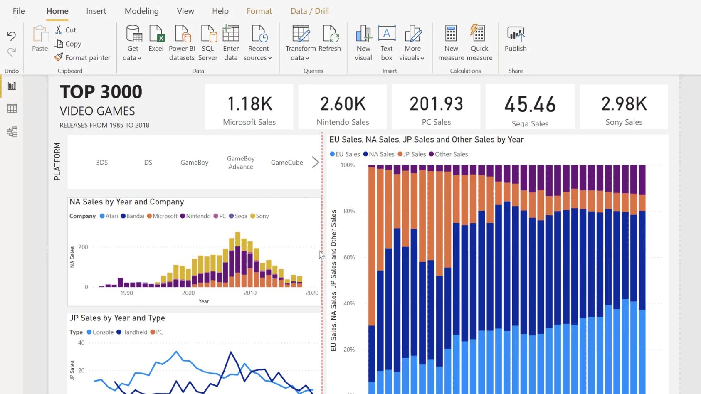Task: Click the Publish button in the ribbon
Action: [x=515, y=39]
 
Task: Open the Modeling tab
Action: [x=141, y=11]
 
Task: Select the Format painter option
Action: [x=82, y=58]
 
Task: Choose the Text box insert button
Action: [x=386, y=42]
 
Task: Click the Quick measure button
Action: [x=479, y=42]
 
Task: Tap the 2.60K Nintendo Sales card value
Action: [x=343, y=104]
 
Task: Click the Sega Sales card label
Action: [x=530, y=123]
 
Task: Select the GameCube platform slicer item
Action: [x=287, y=163]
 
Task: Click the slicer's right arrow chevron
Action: [x=316, y=163]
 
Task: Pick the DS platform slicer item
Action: [x=148, y=163]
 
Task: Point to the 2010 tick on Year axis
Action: [x=250, y=293]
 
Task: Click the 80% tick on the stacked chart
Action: [x=349, y=211]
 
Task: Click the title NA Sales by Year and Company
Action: [x=126, y=202]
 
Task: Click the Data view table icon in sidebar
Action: [x=12, y=109]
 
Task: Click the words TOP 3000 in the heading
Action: [x=101, y=92]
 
